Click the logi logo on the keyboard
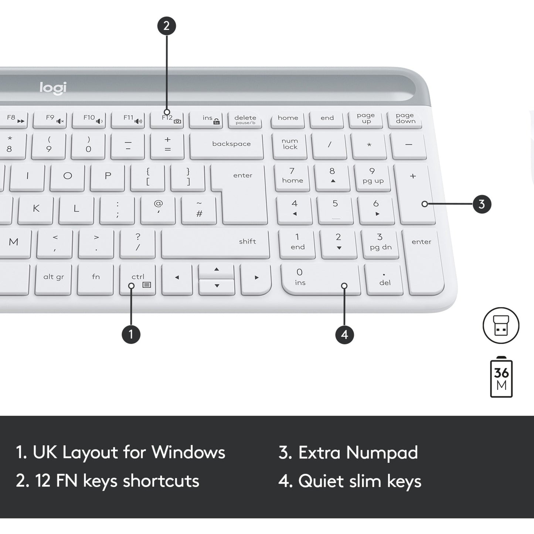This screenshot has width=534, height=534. (53, 88)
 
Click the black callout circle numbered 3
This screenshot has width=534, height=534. (482, 204)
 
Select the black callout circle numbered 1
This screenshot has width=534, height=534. (131, 334)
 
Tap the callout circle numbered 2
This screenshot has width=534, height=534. (166, 26)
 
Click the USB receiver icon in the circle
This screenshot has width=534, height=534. (501, 326)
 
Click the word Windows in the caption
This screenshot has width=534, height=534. (188, 452)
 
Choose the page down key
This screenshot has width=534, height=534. (405, 119)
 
